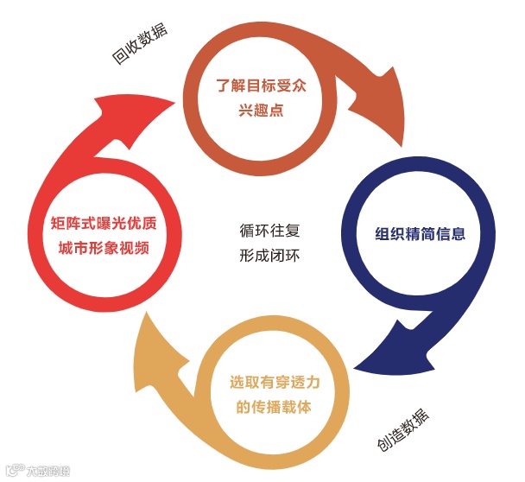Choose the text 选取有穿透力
pyautogui.click(x=273, y=382)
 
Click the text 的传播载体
pyautogui.click(x=273, y=405)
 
